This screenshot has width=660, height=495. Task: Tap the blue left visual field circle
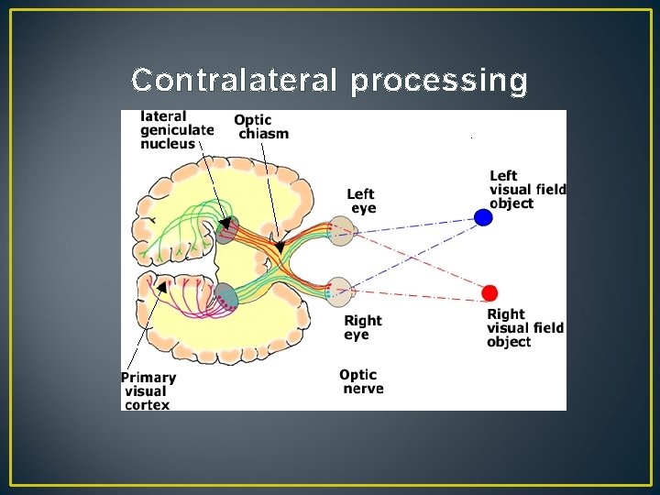(x=483, y=217)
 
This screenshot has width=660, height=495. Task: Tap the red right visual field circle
(x=490, y=293)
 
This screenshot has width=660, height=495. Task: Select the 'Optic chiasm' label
(x=261, y=126)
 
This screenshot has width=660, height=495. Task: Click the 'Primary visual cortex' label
(x=148, y=390)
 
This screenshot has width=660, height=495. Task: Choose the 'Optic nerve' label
(x=361, y=381)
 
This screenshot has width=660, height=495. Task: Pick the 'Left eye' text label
(x=361, y=201)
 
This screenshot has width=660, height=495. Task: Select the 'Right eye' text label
(x=362, y=327)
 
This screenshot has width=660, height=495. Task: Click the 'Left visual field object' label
(x=527, y=190)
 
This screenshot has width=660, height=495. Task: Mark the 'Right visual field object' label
(x=525, y=328)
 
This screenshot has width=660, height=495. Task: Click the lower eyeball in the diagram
(x=340, y=291)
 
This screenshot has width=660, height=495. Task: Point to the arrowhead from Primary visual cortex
(x=161, y=287)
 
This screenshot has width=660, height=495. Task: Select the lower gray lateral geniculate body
(x=225, y=294)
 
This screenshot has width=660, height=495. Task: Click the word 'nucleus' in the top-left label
(x=168, y=143)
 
